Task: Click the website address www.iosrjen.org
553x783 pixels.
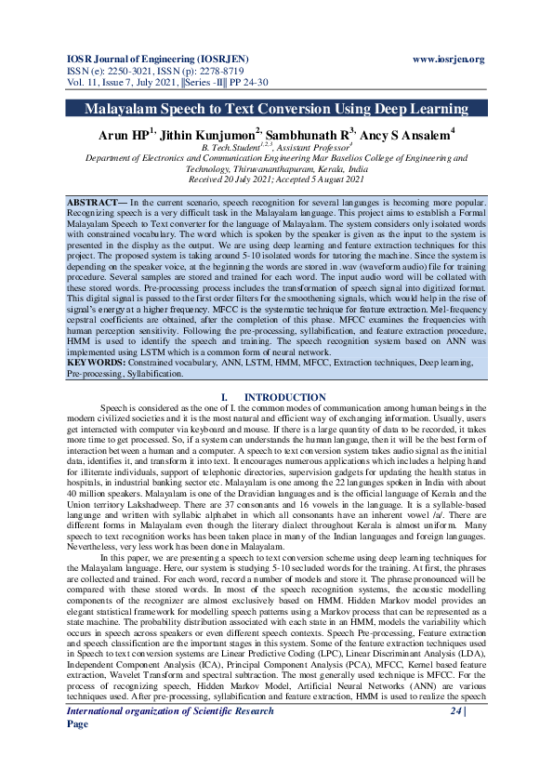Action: tap(448, 59)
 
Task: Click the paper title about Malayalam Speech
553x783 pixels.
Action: tap(276, 109)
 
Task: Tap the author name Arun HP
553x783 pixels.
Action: tap(126, 135)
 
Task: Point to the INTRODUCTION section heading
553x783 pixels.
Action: tap(290, 398)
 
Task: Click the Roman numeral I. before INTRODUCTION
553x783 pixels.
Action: tap(224, 398)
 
